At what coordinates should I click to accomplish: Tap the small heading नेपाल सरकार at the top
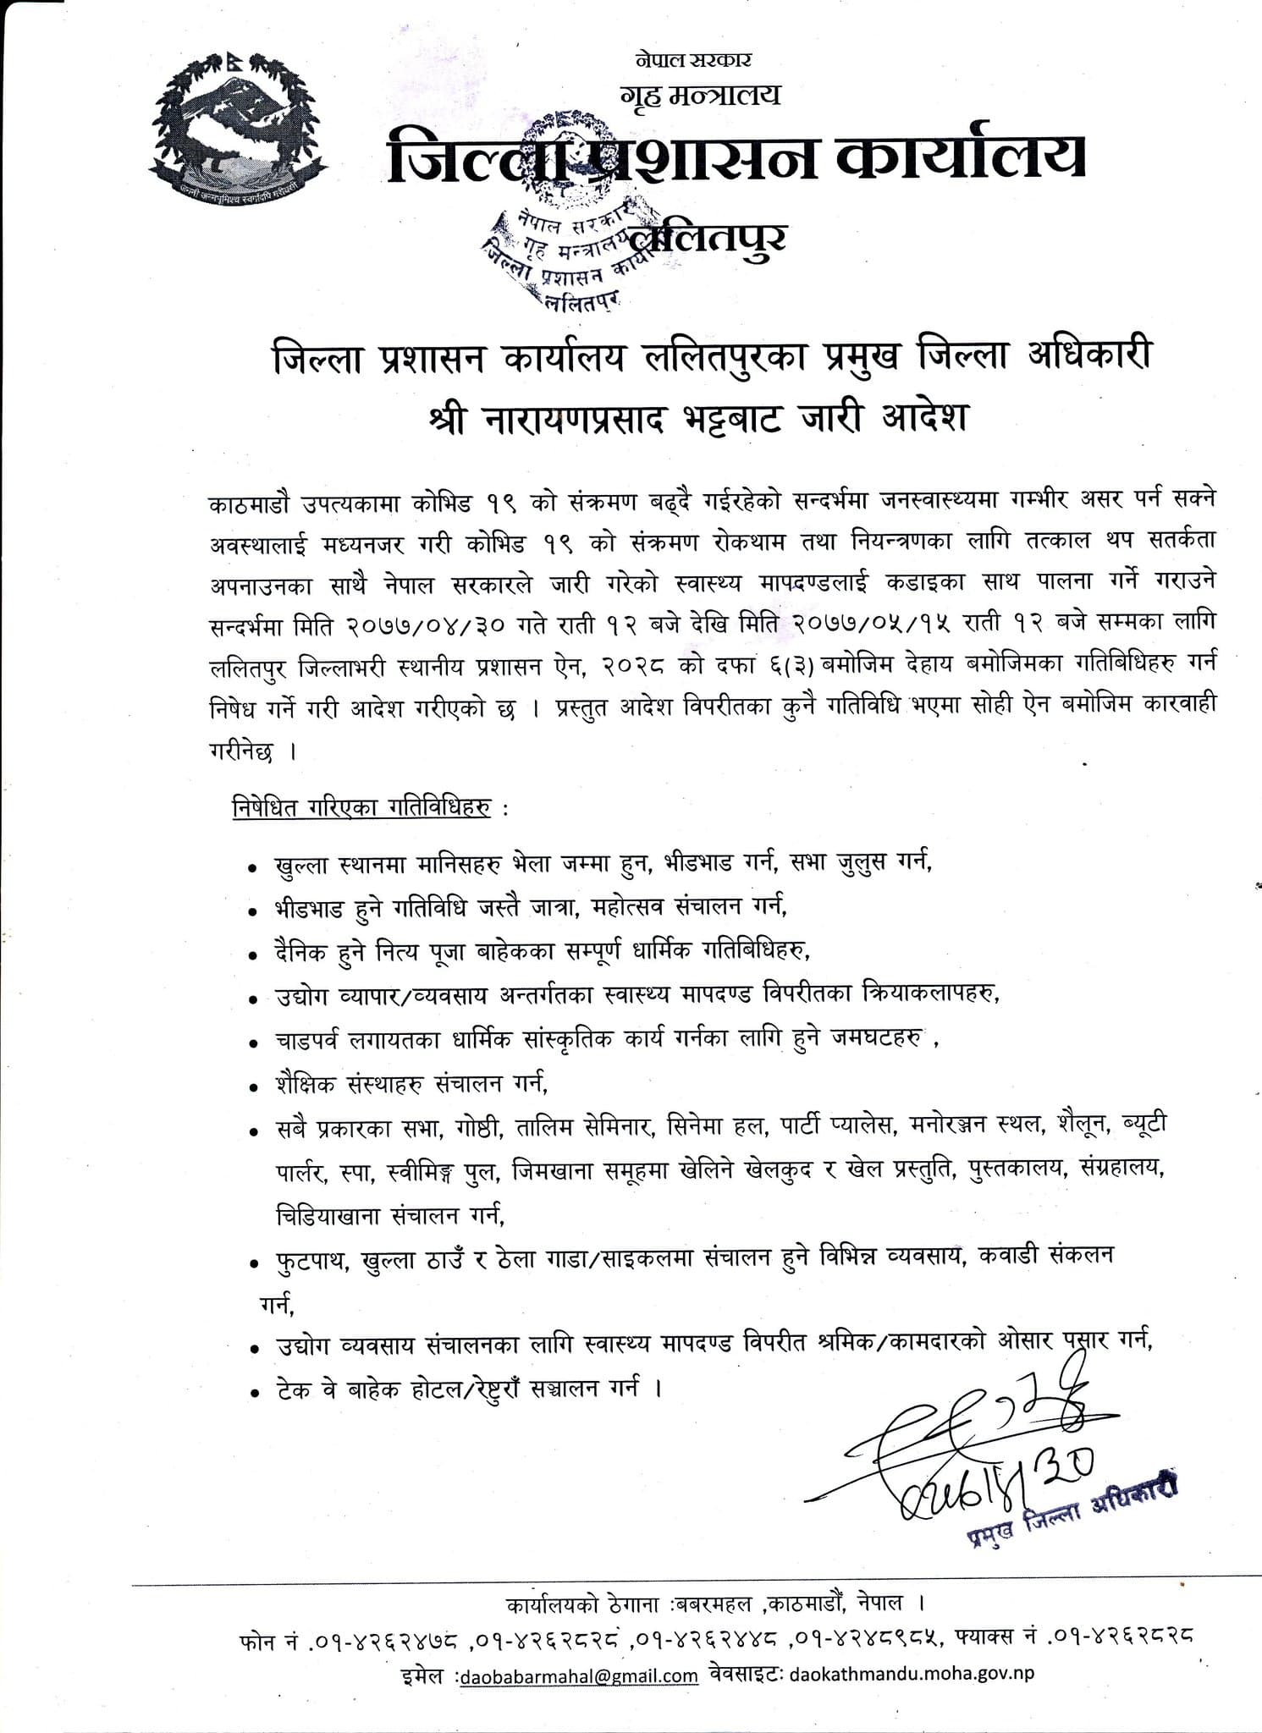(x=692, y=60)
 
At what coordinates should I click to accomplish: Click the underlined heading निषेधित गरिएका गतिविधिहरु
(x=361, y=808)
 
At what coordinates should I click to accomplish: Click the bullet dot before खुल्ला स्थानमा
(x=252, y=868)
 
